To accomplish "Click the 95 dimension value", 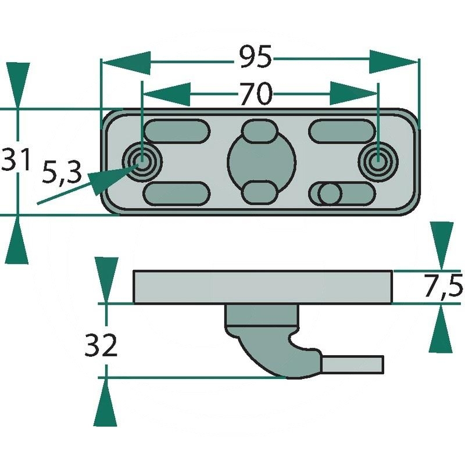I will point(255,58).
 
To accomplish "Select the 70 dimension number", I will point(255,94).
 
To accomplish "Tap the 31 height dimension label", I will point(16,160).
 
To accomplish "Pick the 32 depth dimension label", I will point(101,346).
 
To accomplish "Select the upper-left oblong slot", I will point(176,129).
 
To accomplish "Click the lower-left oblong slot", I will point(176,193).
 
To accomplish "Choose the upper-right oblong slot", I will point(342,129).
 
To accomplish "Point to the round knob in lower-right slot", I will point(329,194).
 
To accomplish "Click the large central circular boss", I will point(259,161).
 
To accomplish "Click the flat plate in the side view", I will point(263,287).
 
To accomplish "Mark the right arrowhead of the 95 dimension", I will point(395,60).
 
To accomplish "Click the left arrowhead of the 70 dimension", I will point(166,95).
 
